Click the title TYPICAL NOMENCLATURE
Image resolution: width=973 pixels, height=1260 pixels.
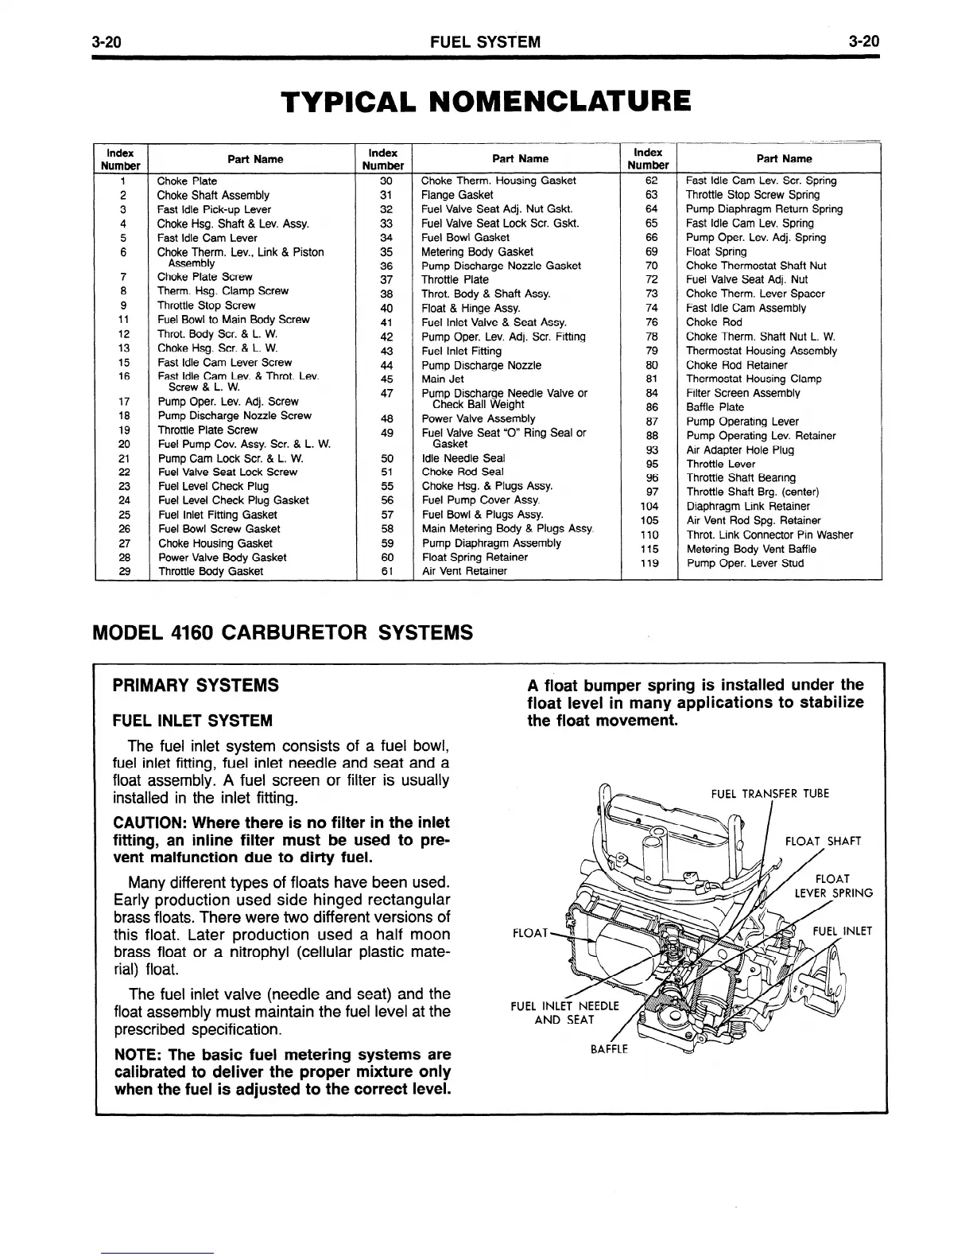(x=486, y=101)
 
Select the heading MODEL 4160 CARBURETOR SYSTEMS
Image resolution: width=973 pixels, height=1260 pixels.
(x=283, y=632)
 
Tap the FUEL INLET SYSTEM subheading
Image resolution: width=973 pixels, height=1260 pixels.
(x=193, y=721)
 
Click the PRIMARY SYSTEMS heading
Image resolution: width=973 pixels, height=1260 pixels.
(x=196, y=685)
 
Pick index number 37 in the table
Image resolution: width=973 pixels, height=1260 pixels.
(x=386, y=280)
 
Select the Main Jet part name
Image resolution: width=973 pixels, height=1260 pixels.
(x=443, y=379)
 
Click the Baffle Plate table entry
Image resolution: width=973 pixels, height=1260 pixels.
(x=715, y=407)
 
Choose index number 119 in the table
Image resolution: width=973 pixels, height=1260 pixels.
(x=650, y=563)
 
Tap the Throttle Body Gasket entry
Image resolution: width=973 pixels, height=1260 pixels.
(x=210, y=572)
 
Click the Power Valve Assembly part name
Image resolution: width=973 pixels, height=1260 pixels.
(x=478, y=418)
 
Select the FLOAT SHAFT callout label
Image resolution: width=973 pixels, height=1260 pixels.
(x=823, y=842)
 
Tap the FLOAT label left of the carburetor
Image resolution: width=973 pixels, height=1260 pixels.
(x=531, y=933)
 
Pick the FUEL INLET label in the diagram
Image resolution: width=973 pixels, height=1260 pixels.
(x=842, y=931)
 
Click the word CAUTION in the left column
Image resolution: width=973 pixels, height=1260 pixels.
(x=149, y=822)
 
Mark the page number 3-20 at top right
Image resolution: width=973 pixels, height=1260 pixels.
(x=863, y=41)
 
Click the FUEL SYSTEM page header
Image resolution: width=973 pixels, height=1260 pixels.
(x=485, y=41)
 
